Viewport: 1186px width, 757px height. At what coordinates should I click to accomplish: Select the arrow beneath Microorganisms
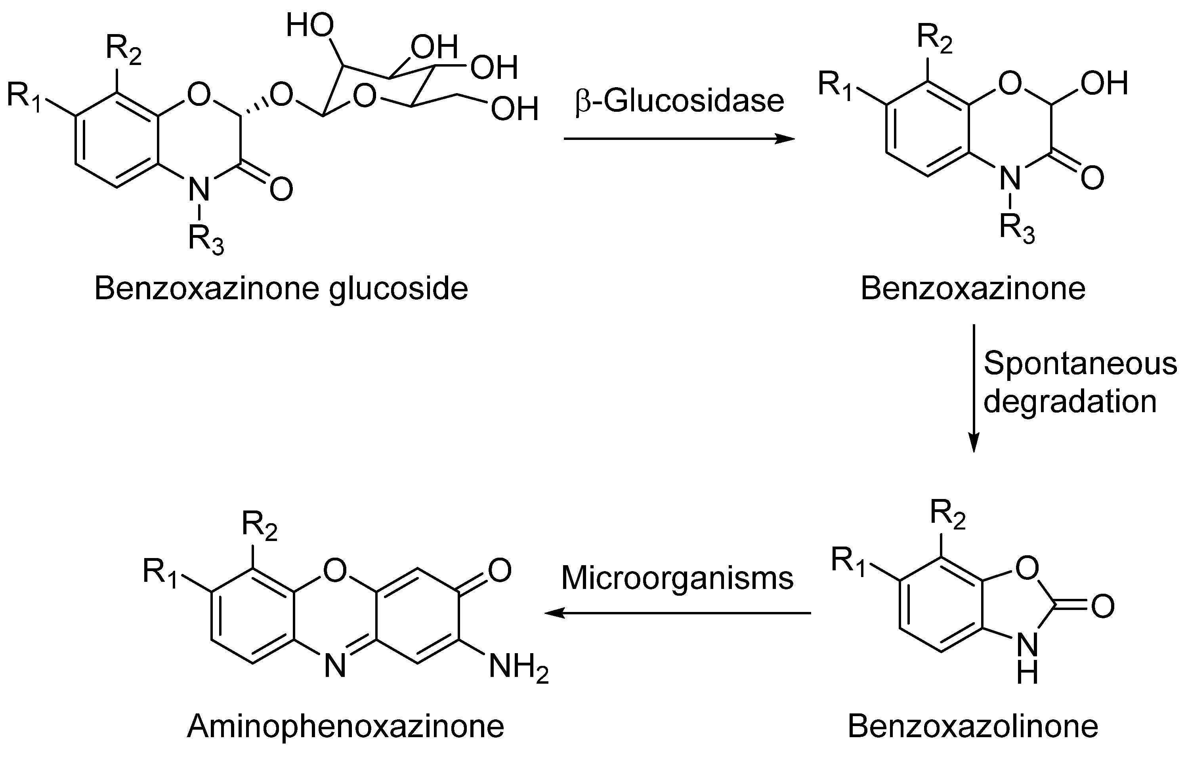pos(677,613)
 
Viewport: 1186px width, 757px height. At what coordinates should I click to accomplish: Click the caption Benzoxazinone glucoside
pos(281,289)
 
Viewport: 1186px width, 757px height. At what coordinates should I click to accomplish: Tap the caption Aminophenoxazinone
pos(346,726)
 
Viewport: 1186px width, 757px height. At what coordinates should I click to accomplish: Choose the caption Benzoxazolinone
pos(973,726)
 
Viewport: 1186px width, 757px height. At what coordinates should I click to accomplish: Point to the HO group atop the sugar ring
pos(310,26)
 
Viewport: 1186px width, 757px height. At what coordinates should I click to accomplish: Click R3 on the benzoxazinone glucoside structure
pos(206,240)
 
